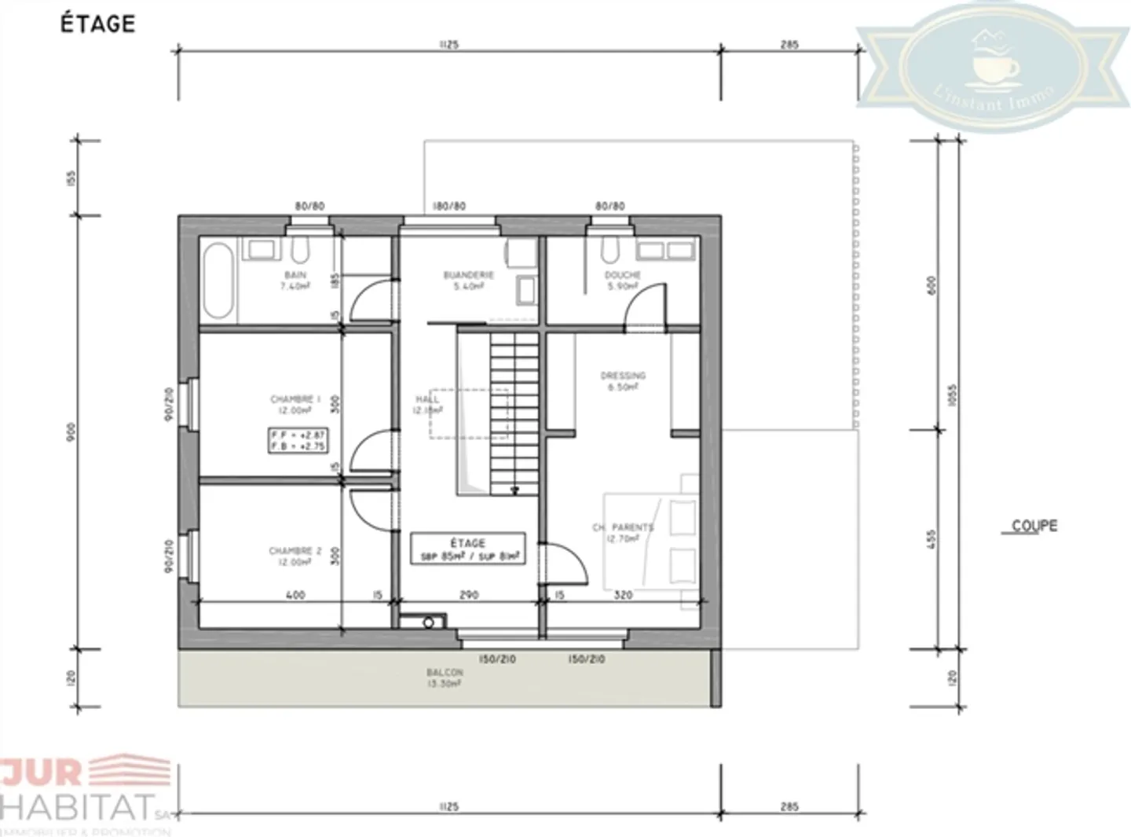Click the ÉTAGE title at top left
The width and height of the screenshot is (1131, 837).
point(98,24)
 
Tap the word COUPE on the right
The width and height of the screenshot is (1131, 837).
point(1034,526)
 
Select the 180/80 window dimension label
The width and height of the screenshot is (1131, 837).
point(449,206)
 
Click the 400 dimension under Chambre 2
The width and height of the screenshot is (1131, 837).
point(295,595)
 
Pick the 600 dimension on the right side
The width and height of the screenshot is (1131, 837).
point(932,285)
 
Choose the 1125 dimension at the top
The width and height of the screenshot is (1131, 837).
point(448,45)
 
